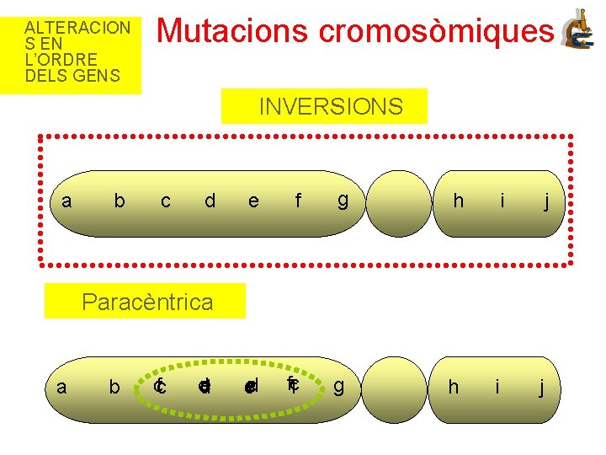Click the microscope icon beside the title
tap(578, 30)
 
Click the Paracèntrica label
tap(146, 302)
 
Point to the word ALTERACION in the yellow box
tap(77, 27)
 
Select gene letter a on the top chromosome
tap(66, 201)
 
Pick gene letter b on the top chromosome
tap(120, 201)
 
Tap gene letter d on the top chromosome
tap(210, 201)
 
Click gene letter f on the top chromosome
tap(297, 201)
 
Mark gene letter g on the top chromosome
tap(343, 201)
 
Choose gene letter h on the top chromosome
tap(458, 201)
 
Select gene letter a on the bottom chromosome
tap(61, 387)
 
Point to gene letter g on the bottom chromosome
tap(338, 387)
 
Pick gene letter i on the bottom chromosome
tap(497, 387)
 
